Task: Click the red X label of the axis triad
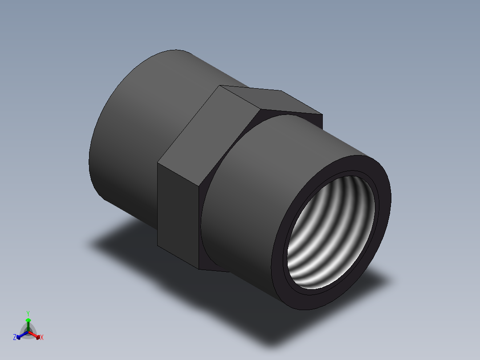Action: click(x=42, y=338)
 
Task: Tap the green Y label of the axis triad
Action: click(x=28, y=313)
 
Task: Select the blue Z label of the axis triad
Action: click(x=15, y=338)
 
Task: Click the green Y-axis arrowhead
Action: click(x=28, y=320)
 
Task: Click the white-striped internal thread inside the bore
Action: click(x=329, y=232)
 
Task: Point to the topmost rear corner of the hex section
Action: click(x=221, y=86)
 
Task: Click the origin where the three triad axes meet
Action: click(x=28, y=331)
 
